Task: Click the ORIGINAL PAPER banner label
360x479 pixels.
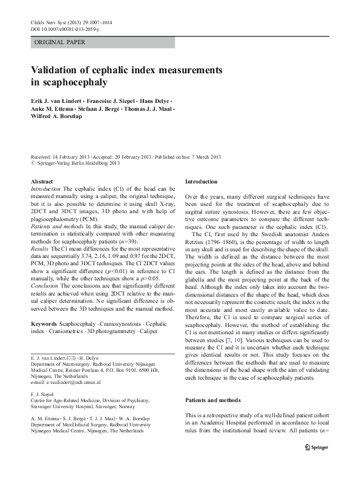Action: [60, 42]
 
